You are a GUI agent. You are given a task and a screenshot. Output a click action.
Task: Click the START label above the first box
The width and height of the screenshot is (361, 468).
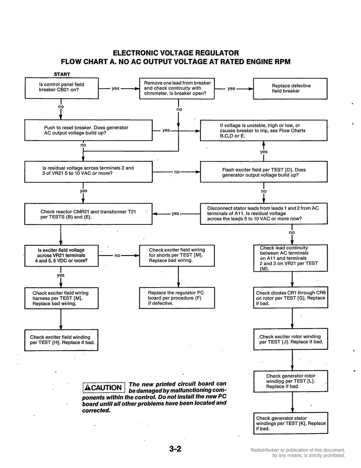[62, 74]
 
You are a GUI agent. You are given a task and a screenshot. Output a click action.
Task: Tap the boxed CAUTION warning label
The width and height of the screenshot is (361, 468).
[104, 388]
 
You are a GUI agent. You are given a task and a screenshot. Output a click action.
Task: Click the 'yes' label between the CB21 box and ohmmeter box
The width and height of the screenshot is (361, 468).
[116, 88]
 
